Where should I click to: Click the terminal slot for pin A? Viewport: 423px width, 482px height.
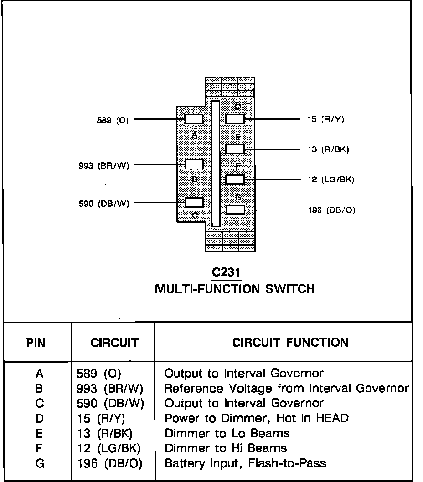click(194, 119)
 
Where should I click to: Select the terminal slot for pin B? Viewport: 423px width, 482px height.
click(194, 164)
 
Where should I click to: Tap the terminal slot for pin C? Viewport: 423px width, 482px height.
click(194, 202)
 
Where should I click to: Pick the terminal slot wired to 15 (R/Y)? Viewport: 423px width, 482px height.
click(235, 119)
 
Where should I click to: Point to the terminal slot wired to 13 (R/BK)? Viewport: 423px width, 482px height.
click(235, 149)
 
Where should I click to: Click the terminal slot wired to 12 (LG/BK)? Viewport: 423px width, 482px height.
click(235, 179)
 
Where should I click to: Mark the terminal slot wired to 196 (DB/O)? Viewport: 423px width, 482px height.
click(235, 210)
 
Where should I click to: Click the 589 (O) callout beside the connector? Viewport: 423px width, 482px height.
click(113, 120)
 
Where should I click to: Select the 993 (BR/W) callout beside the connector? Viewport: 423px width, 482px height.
click(104, 166)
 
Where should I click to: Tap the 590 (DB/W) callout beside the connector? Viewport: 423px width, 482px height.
click(104, 204)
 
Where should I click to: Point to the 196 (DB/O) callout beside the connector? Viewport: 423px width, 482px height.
click(332, 210)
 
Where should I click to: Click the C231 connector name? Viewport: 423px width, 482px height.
click(227, 272)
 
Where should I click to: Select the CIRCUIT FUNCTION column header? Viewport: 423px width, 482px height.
click(290, 343)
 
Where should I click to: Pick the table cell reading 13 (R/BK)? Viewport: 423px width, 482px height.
click(104, 433)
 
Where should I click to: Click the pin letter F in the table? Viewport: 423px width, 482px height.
click(39, 448)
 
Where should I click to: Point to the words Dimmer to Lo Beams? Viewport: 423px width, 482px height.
click(227, 433)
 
